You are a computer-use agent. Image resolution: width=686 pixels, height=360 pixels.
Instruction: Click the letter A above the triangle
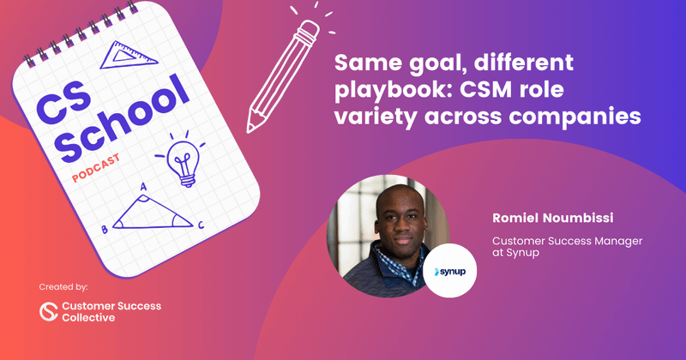(142, 187)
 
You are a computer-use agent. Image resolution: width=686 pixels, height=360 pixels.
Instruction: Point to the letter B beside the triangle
(104, 230)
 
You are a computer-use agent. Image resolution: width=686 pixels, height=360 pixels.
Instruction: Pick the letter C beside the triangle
(201, 225)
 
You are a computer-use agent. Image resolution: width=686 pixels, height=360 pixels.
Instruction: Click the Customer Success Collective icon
(49, 311)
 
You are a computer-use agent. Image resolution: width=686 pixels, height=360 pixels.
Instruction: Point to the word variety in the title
(376, 116)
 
